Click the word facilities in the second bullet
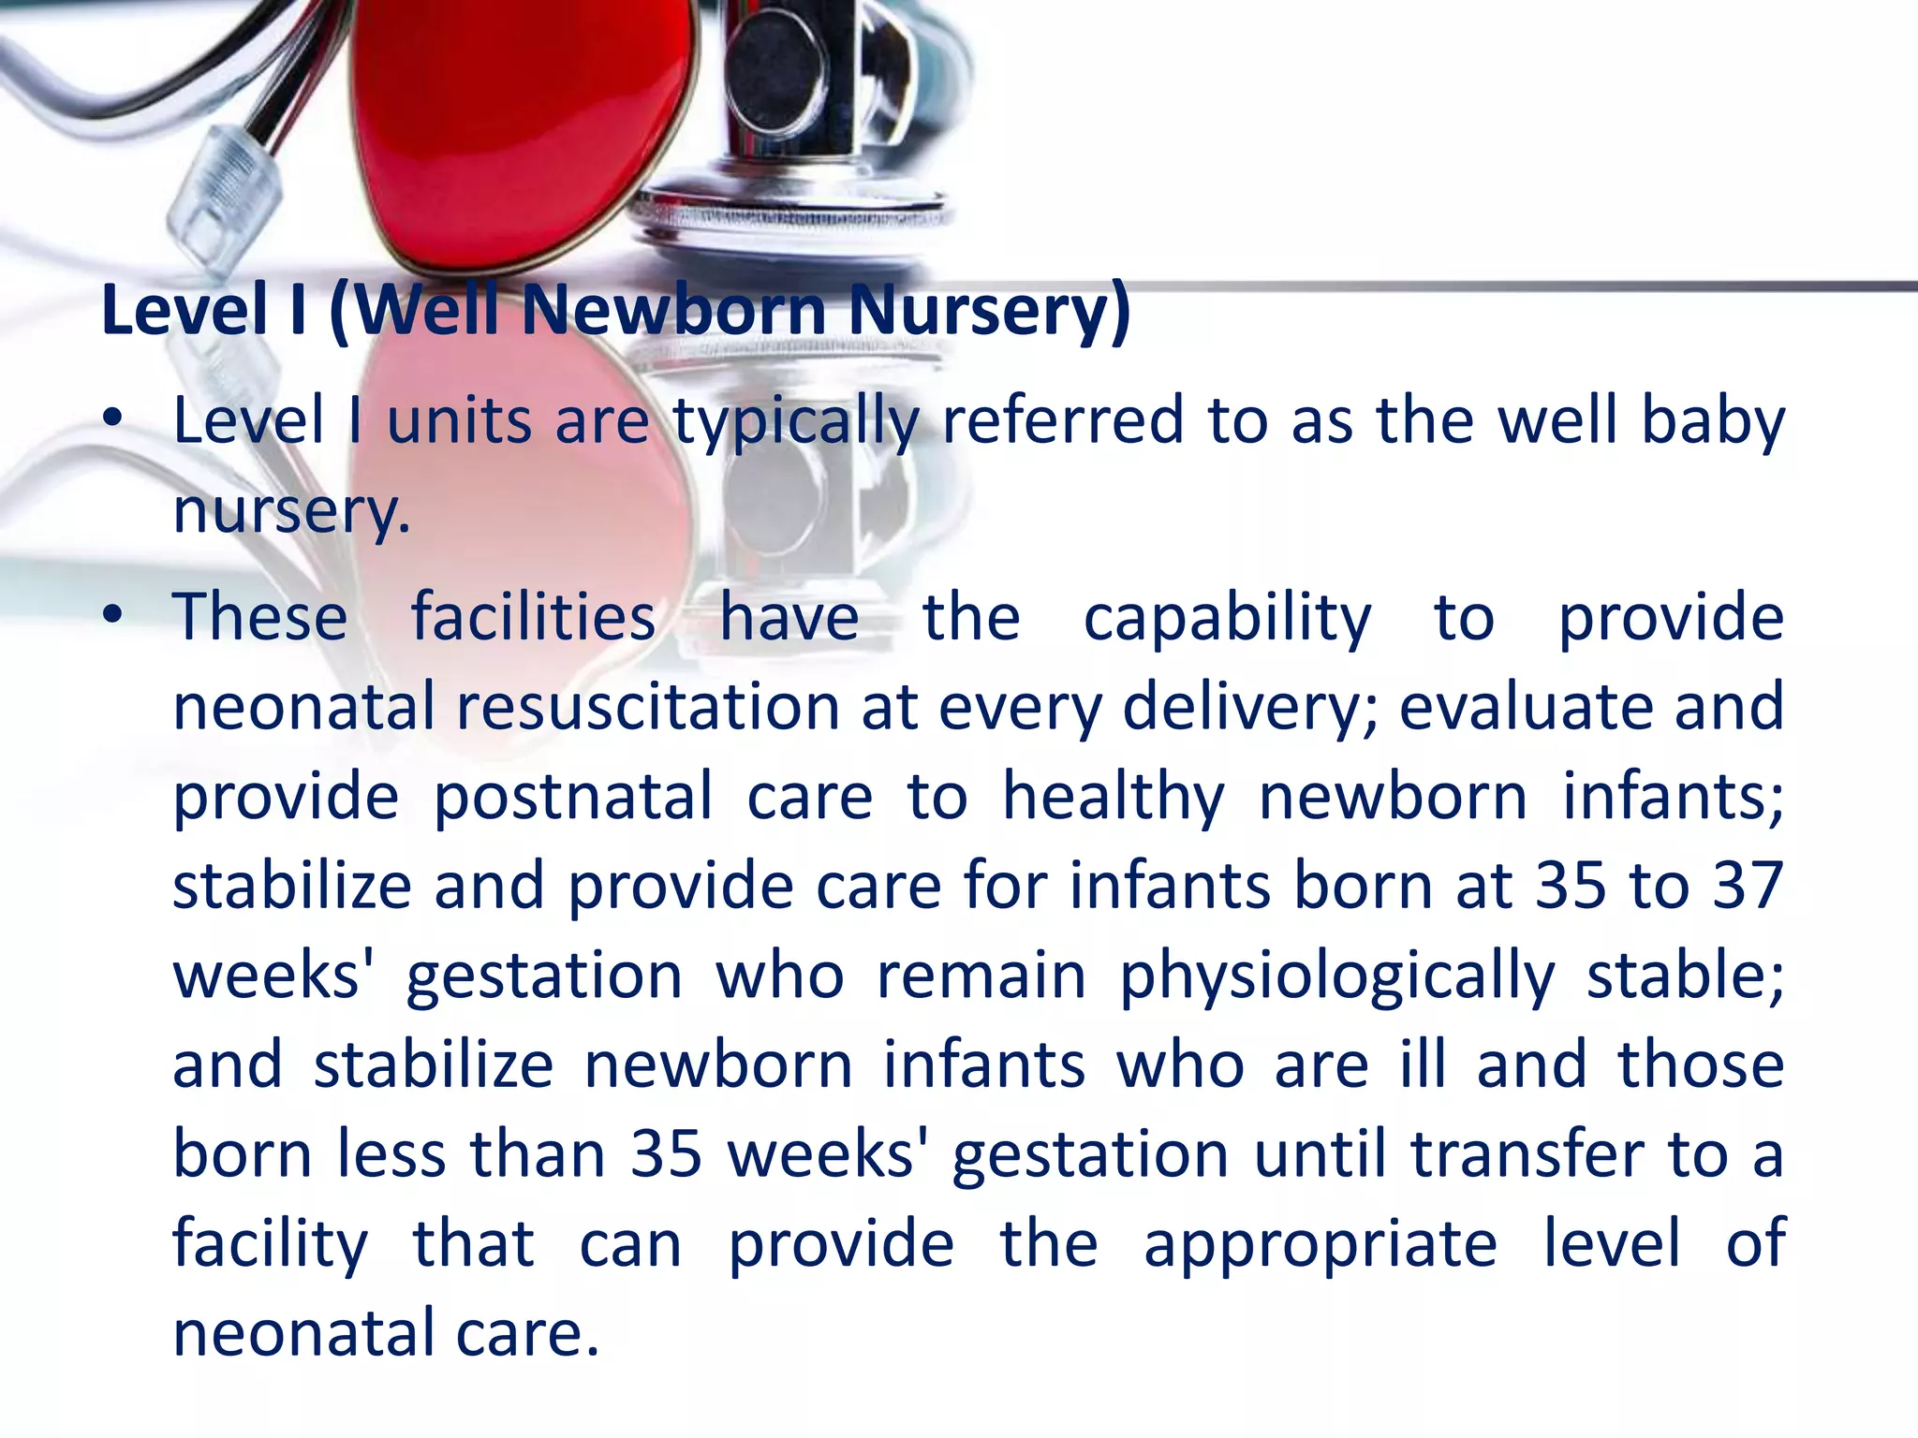point(533,618)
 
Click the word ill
point(1423,1064)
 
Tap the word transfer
point(1527,1154)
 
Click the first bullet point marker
point(113,420)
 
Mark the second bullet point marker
point(113,616)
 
